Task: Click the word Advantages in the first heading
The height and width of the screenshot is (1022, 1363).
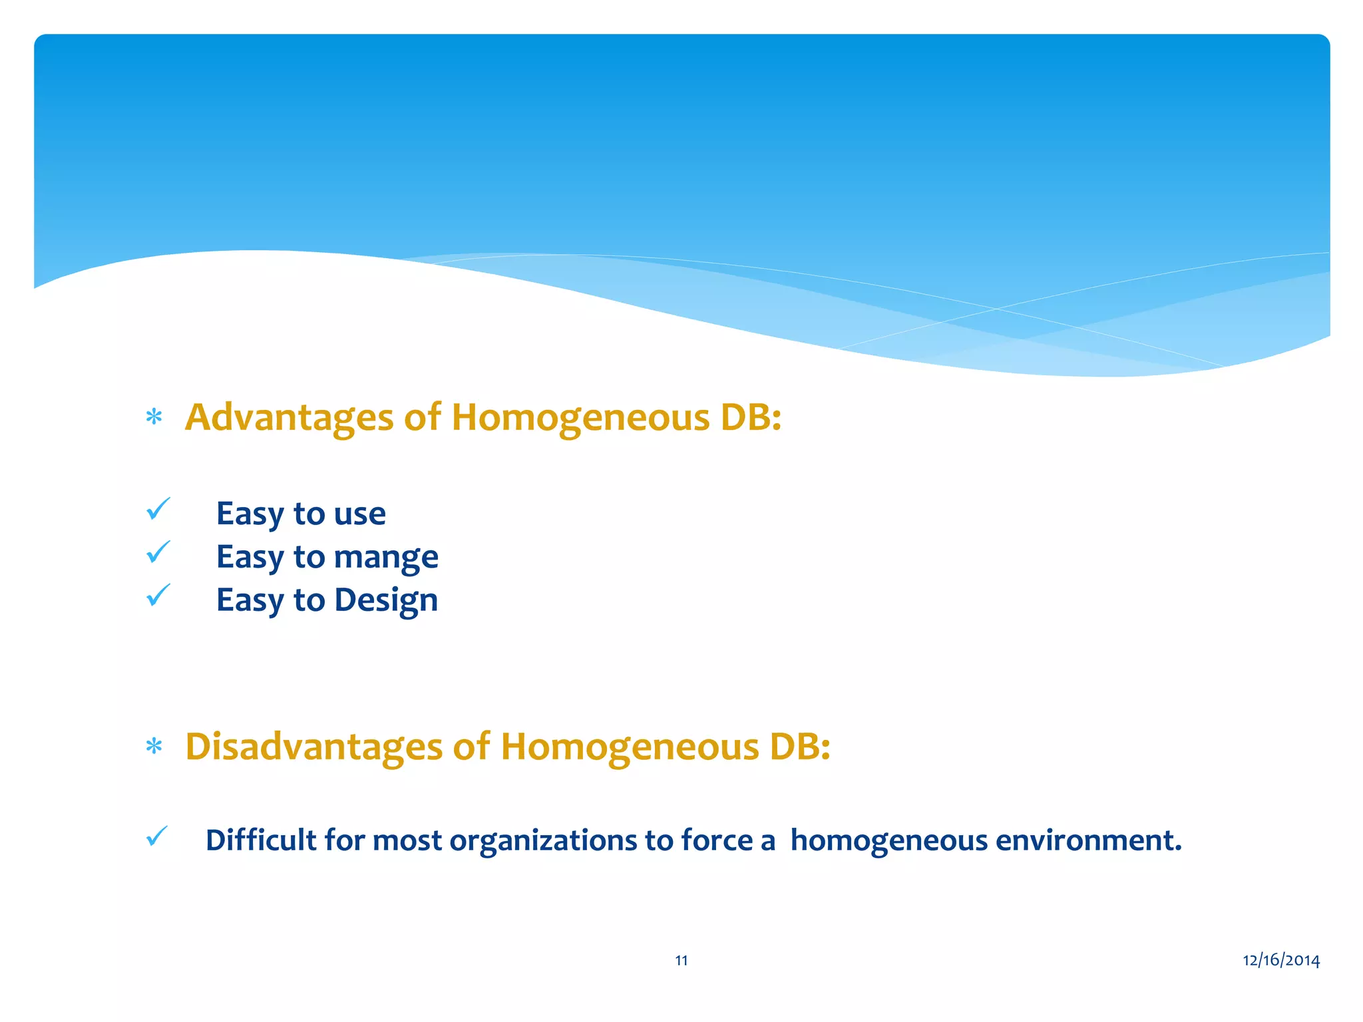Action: click(x=290, y=418)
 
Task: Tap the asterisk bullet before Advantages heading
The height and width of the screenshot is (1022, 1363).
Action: click(x=154, y=418)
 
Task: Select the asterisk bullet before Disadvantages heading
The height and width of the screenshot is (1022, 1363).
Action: click(x=154, y=747)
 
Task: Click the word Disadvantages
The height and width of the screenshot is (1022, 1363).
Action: click(x=314, y=747)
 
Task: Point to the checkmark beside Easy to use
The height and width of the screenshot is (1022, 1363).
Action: click(x=158, y=510)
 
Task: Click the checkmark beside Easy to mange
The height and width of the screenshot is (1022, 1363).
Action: click(x=158, y=552)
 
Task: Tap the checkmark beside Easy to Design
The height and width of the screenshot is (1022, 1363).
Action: click(x=158, y=596)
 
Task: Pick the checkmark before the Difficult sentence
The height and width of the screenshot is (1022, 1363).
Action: click(x=157, y=836)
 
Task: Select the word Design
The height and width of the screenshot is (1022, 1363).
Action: click(x=386, y=600)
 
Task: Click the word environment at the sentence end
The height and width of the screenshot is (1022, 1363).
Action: click(x=1089, y=840)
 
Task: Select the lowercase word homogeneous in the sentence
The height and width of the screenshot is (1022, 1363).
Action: click(x=889, y=840)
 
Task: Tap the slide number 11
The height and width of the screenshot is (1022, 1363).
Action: click(x=681, y=960)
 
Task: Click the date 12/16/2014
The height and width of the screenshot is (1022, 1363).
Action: click(x=1281, y=960)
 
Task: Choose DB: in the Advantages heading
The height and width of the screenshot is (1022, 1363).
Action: click(x=751, y=418)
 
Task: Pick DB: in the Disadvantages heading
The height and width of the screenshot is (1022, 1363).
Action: click(x=800, y=747)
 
